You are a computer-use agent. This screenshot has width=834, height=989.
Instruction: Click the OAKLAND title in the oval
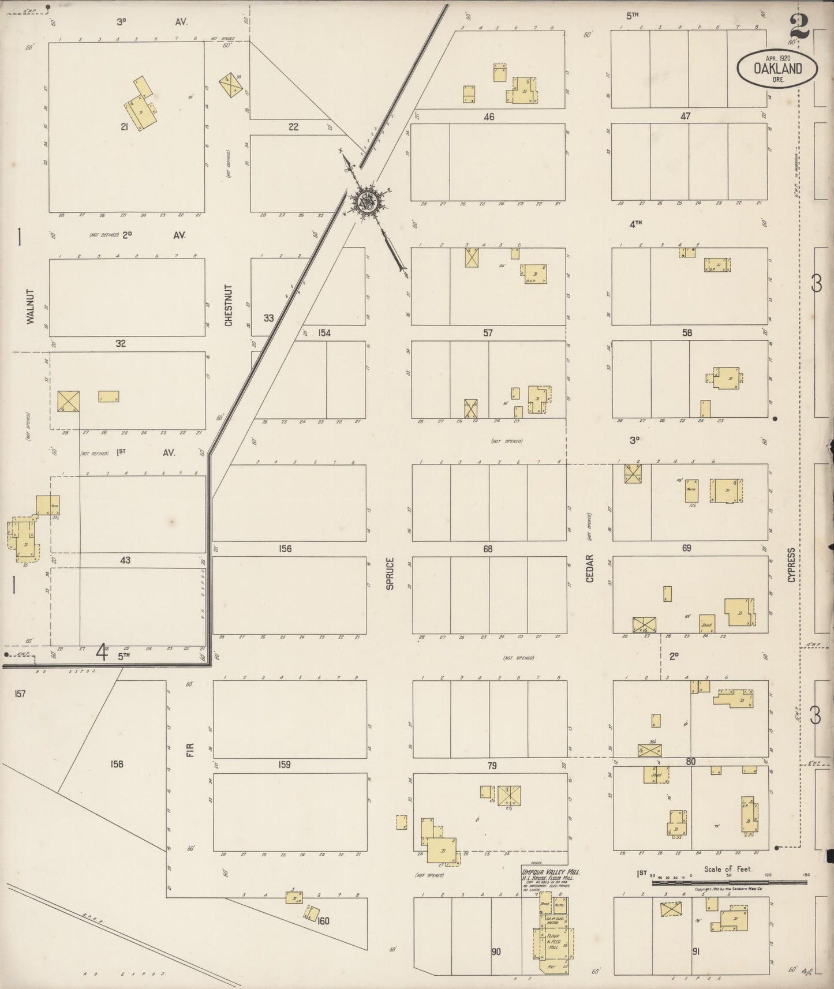[777, 69]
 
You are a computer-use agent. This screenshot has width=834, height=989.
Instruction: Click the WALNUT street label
[31, 306]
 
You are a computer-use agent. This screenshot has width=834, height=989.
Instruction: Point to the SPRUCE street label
[390, 573]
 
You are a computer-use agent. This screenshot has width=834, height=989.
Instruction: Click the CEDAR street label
[590, 568]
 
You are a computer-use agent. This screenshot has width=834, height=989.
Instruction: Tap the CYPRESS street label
[791, 564]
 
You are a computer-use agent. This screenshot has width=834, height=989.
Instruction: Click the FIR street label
[191, 750]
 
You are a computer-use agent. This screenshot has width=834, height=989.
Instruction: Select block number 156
[285, 549]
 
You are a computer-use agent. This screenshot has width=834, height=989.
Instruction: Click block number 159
[284, 765]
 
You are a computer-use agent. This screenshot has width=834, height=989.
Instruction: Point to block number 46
[489, 117]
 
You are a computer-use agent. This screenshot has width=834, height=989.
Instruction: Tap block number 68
[488, 549]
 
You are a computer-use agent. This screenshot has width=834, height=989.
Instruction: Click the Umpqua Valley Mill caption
[550, 872]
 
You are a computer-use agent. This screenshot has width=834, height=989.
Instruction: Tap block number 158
[117, 764]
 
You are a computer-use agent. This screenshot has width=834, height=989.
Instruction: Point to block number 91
[695, 951]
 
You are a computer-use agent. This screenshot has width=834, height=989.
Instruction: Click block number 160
[323, 921]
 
